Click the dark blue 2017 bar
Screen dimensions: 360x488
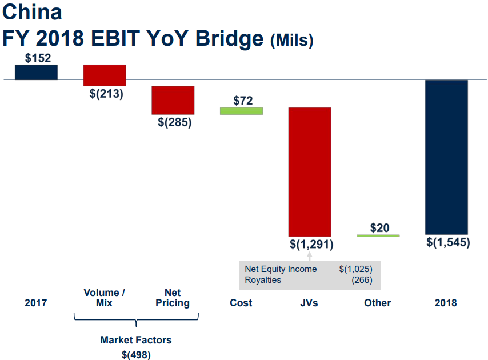tap(36, 72)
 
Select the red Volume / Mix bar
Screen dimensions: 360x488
tap(105, 75)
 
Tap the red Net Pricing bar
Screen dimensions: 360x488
tap(173, 100)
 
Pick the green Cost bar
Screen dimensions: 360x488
tap(241, 111)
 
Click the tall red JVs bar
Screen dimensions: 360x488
tap(309, 171)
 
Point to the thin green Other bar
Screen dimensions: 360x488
tap(378, 235)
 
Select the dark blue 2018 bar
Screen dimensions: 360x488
tap(446, 157)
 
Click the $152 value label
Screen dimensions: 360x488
tap(38, 58)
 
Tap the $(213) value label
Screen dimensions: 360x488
tap(106, 94)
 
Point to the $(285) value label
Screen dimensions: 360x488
tap(174, 122)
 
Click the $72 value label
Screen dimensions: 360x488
tap(243, 101)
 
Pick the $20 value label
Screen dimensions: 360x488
tap(379, 228)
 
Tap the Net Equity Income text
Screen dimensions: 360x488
tap(281, 269)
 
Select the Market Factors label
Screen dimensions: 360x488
tap(136, 340)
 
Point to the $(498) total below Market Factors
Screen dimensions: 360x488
tap(136, 354)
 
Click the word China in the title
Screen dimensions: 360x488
tap(33, 12)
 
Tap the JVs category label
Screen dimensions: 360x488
tap(309, 303)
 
